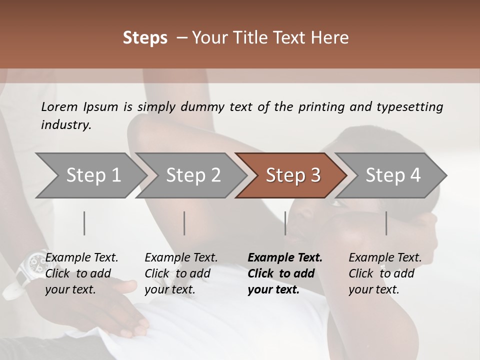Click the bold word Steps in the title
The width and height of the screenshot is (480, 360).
(145, 37)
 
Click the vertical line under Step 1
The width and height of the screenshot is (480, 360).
(84, 223)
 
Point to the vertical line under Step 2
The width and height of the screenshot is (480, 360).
(184, 223)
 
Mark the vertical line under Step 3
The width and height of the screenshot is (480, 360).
(285, 223)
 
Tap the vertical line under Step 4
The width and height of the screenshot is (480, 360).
(386, 223)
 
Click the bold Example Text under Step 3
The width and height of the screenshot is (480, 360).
(285, 273)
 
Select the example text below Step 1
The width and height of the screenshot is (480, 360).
(81, 273)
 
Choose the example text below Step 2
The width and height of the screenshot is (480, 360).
(181, 273)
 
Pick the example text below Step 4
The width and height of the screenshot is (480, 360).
(385, 273)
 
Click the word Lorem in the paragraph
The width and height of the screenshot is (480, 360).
(59, 107)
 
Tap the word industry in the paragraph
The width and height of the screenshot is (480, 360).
(65, 125)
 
